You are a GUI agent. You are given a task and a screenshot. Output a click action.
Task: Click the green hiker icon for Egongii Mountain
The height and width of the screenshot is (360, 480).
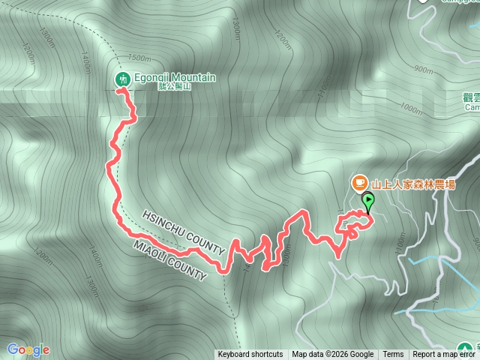point(121,79)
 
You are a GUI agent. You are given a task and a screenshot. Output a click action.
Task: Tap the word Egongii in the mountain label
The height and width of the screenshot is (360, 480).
point(153,77)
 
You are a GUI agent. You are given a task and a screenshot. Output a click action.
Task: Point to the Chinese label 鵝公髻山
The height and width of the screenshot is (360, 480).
point(175,88)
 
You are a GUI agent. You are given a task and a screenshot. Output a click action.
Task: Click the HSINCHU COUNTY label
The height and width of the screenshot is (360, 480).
point(184,231)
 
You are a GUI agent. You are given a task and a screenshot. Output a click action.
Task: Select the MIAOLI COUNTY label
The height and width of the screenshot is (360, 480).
point(169,261)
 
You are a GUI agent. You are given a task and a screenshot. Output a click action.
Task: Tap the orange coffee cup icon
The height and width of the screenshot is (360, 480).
point(359,182)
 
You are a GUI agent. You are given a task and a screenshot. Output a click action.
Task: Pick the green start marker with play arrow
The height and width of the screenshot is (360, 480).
point(368,200)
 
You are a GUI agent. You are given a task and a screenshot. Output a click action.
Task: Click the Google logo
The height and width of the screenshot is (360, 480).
point(28,349)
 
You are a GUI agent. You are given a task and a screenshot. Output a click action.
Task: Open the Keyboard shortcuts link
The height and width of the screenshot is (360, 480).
point(250,355)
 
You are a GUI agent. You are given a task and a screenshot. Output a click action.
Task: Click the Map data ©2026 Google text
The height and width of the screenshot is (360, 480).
point(333,355)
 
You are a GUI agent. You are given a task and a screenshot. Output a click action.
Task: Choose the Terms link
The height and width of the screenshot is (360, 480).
point(393,355)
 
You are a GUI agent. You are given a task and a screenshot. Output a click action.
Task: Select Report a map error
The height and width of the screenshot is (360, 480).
point(443,355)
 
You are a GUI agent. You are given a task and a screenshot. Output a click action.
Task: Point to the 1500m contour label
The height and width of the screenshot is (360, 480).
point(141,58)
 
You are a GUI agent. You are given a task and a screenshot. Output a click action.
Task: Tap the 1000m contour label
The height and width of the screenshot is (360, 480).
point(411,108)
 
